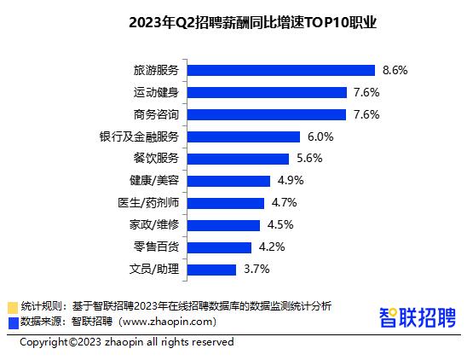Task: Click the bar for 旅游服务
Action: click(280, 70)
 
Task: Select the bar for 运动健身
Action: click(266, 92)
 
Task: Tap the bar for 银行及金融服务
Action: click(243, 136)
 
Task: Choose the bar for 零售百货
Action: click(219, 247)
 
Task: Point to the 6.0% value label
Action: click(320, 136)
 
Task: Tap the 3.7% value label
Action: click(257, 270)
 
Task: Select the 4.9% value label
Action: click(291, 181)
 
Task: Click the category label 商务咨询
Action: click(157, 114)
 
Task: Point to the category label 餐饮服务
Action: click(157, 159)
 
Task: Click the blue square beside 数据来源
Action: click(12, 322)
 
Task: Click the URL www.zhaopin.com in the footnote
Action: click(169, 322)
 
